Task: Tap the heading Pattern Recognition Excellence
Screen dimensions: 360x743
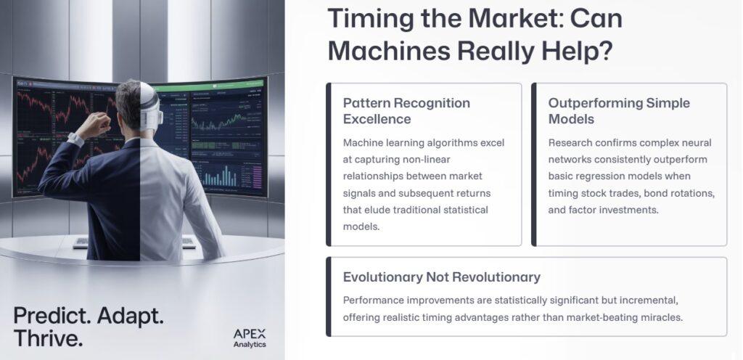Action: (406, 110)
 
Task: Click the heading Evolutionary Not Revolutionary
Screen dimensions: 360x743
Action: (441, 277)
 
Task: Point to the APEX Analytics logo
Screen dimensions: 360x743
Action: (249, 337)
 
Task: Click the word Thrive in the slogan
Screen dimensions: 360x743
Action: (48, 338)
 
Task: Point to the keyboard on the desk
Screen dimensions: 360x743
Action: (81, 242)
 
